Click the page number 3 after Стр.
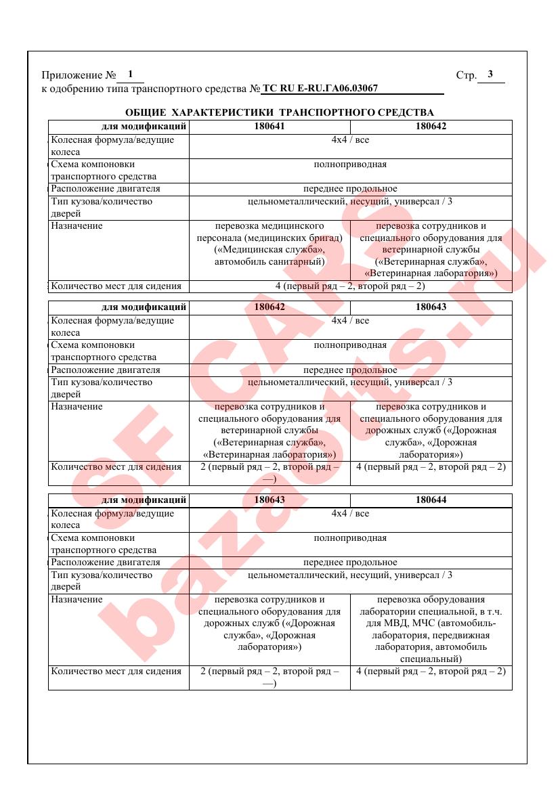(x=490, y=74)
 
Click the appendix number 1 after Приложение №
(x=130, y=74)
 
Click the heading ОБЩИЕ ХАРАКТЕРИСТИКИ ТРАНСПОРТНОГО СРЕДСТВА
(x=280, y=112)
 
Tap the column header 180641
(x=270, y=126)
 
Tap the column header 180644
(x=431, y=501)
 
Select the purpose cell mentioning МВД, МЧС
(x=431, y=629)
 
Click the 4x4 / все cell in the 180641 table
(x=350, y=140)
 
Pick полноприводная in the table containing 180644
(x=350, y=538)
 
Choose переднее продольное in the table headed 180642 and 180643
(x=350, y=370)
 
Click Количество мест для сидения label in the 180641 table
(x=116, y=286)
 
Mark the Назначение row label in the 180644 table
(x=77, y=600)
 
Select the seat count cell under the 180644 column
(x=431, y=672)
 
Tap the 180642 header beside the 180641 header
(x=431, y=126)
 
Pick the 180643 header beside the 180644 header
(x=270, y=501)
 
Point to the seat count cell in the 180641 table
(x=350, y=286)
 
